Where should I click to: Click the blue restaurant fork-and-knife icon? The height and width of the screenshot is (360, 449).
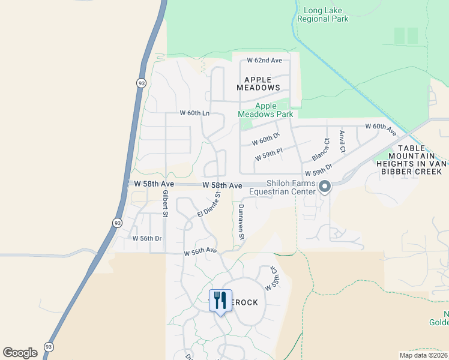click(220, 299)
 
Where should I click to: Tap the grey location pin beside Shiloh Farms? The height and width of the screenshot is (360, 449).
click(325, 187)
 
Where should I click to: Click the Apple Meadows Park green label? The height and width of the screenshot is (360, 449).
click(265, 110)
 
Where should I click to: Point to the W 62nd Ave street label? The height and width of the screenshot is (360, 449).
click(265, 61)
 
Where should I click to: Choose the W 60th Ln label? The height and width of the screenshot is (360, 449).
click(194, 113)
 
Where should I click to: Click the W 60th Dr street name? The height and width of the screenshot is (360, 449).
click(266, 140)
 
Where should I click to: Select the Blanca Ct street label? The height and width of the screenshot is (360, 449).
click(321, 149)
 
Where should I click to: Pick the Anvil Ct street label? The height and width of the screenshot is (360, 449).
click(342, 142)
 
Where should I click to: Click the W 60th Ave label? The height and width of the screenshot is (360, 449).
click(381, 129)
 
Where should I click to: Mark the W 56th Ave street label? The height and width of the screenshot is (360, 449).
click(200, 251)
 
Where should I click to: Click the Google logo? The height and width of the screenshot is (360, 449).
click(20, 353)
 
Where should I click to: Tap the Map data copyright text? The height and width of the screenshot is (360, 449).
click(424, 355)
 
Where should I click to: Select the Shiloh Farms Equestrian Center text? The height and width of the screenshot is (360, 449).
click(282, 187)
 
